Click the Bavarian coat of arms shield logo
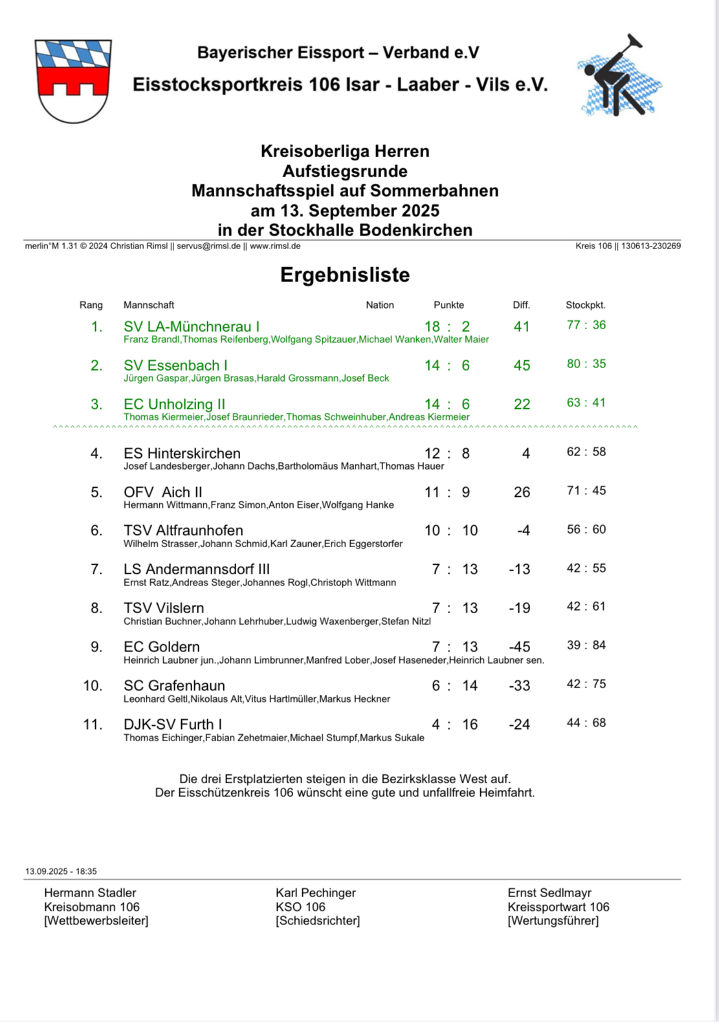73,81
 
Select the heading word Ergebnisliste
345,275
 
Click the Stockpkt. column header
586,305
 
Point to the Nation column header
380,305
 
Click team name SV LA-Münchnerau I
192,327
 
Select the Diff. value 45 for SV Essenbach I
522,365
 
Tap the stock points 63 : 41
586,402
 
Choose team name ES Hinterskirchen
182,453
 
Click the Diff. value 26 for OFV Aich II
522,492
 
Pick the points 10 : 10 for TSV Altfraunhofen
451,530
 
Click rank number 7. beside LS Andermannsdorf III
96,569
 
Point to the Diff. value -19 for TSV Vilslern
519,608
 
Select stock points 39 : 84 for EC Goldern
586,645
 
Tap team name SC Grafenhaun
174,686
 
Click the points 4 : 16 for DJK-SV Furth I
455,724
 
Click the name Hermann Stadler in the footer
90,893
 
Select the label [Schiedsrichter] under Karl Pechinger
318,920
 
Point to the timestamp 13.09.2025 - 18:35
61,871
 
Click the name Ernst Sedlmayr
549,893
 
